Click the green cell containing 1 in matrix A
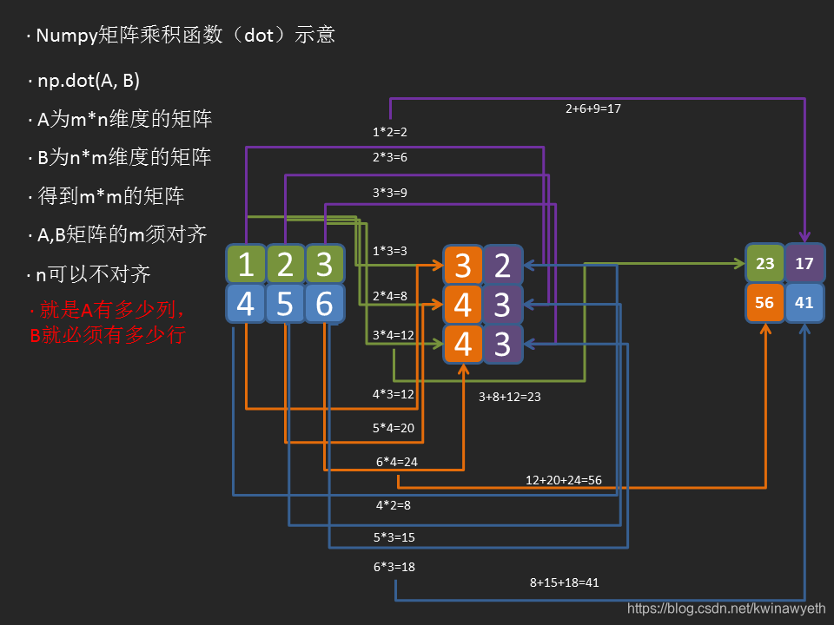tap(246, 264)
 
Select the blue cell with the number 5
tap(285, 304)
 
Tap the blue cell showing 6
tap(324, 304)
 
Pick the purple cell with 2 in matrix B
tap(502, 264)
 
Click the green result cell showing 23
tap(764, 262)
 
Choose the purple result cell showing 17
tap(804, 262)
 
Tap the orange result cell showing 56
tap(764, 303)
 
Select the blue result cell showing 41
tap(804, 303)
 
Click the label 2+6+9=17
tap(593, 109)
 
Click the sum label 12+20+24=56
tap(564, 480)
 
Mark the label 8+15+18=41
tap(565, 582)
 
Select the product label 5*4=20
tap(394, 428)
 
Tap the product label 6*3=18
tap(394, 567)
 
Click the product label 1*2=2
tap(390, 132)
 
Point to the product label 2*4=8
tap(390, 296)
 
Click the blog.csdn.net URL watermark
tap(726, 610)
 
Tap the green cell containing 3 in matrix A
tap(324, 264)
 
